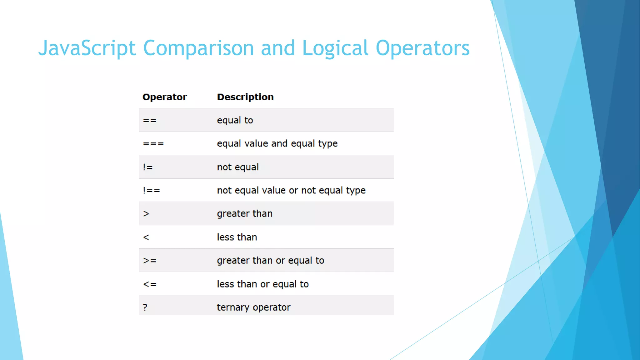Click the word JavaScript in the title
click(x=87, y=48)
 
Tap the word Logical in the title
click(x=335, y=48)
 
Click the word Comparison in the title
click(x=198, y=48)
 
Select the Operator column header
click(x=164, y=97)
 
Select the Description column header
click(x=245, y=97)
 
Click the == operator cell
click(x=150, y=120)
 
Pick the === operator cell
click(x=153, y=144)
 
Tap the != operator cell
click(x=148, y=167)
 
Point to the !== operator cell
click(x=151, y=190)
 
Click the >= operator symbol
click(x=150, y=261)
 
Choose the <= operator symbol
click(x=150, y=284)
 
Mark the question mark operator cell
click(x=145, y=307)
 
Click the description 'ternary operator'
click(x=253, y=307)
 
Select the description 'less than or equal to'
click(x=262, y=284)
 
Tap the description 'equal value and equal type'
click(x=277, y=143)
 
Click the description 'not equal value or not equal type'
click(x=291, y=190)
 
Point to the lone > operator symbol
click(x=146, y=214)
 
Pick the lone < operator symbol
click(x=146, y=237)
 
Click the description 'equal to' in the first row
click(x=235, y=120)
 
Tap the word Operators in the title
click(x=422, y=48)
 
